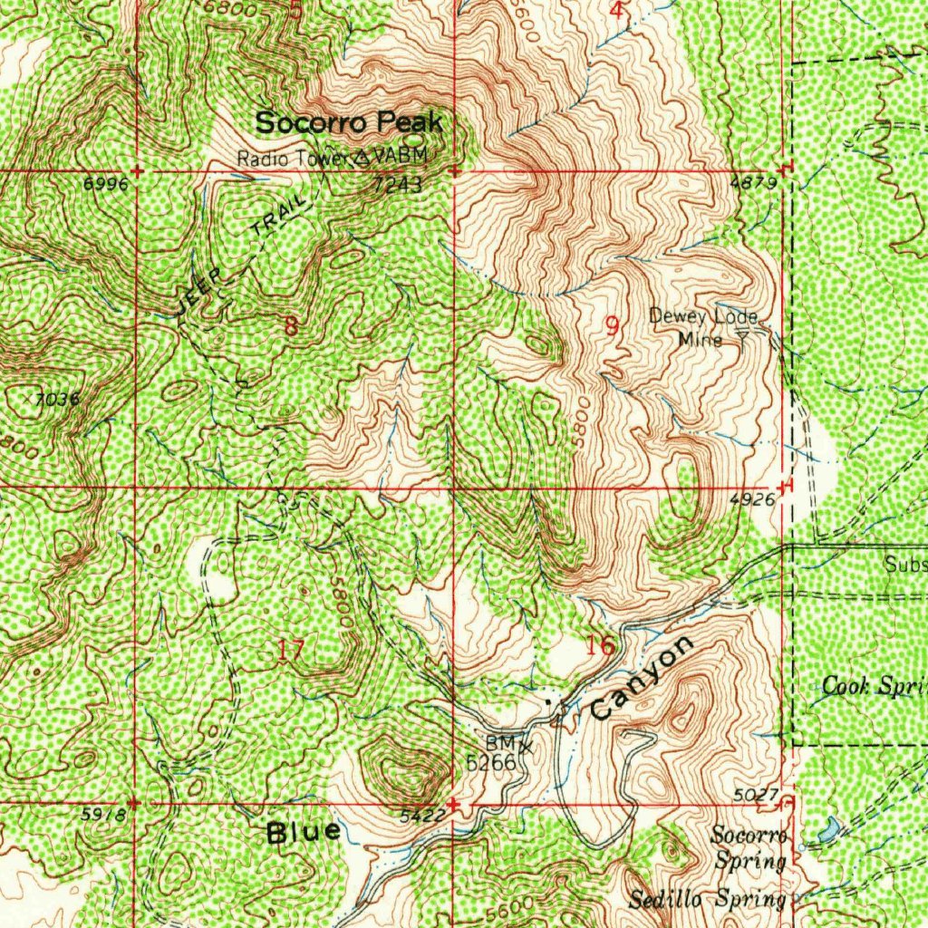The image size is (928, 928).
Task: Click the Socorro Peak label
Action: (348, 122)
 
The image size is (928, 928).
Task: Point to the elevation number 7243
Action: (396, 185)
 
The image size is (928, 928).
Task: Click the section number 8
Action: (290, 326)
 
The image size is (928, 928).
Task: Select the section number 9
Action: (613, 326)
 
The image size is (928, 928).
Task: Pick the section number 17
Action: (291, 649)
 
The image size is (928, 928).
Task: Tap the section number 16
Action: (600, 646)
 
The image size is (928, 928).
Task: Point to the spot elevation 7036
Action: (59, 399)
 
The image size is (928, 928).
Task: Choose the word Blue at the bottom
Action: (304, 832)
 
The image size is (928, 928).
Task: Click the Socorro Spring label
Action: (749, 846)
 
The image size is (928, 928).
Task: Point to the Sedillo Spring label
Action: (707, 899)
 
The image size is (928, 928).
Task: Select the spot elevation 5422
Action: (422, 816)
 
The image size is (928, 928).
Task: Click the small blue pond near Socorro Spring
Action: (828, 827)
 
